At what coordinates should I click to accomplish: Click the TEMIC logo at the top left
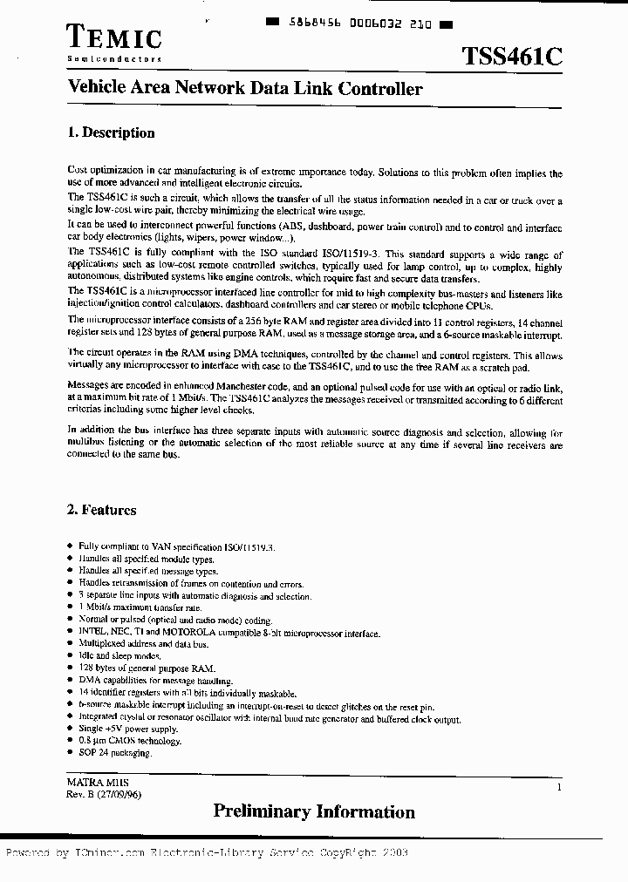[114, 37]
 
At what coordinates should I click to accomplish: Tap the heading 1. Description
[111, 133]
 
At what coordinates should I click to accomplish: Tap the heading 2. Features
[101, 510]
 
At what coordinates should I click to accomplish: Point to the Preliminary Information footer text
[314, 812]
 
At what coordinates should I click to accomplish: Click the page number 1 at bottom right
[558, 787]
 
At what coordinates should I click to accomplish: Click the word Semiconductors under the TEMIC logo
[114, 58]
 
